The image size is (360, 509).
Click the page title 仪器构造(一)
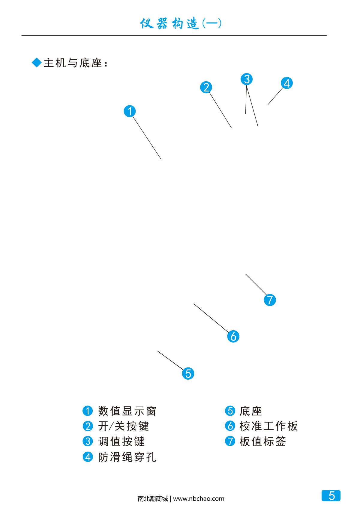click(x=181, y=24)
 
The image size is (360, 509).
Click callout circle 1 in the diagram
click(x=130, y=111)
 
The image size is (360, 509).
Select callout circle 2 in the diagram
click(x=206, y=87)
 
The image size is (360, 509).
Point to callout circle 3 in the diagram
click(x=247, y=79)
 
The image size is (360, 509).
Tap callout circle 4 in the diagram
click(x=287, y=83)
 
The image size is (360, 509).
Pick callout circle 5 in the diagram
click(x=188, y=373)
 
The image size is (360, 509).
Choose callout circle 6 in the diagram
click(x=233, y=336)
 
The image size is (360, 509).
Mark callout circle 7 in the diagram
click(x=270, y=300)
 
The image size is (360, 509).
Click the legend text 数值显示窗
click(x=127, y=411)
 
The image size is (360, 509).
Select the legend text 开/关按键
click(x=124, y=426)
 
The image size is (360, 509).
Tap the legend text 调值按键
click(x=121, y=442)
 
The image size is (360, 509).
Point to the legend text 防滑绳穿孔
click(x=127, y=457)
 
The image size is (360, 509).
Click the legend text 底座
click(x=251, y=411)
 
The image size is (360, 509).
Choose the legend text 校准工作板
click(x=268, y=426)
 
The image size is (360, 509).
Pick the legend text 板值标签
click(x=263, y=442)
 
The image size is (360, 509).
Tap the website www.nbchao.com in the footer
click(x=199, y=499)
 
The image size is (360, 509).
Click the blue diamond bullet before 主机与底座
click(x=36, y=63)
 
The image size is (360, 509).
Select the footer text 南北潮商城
click(x=153, y=499)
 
